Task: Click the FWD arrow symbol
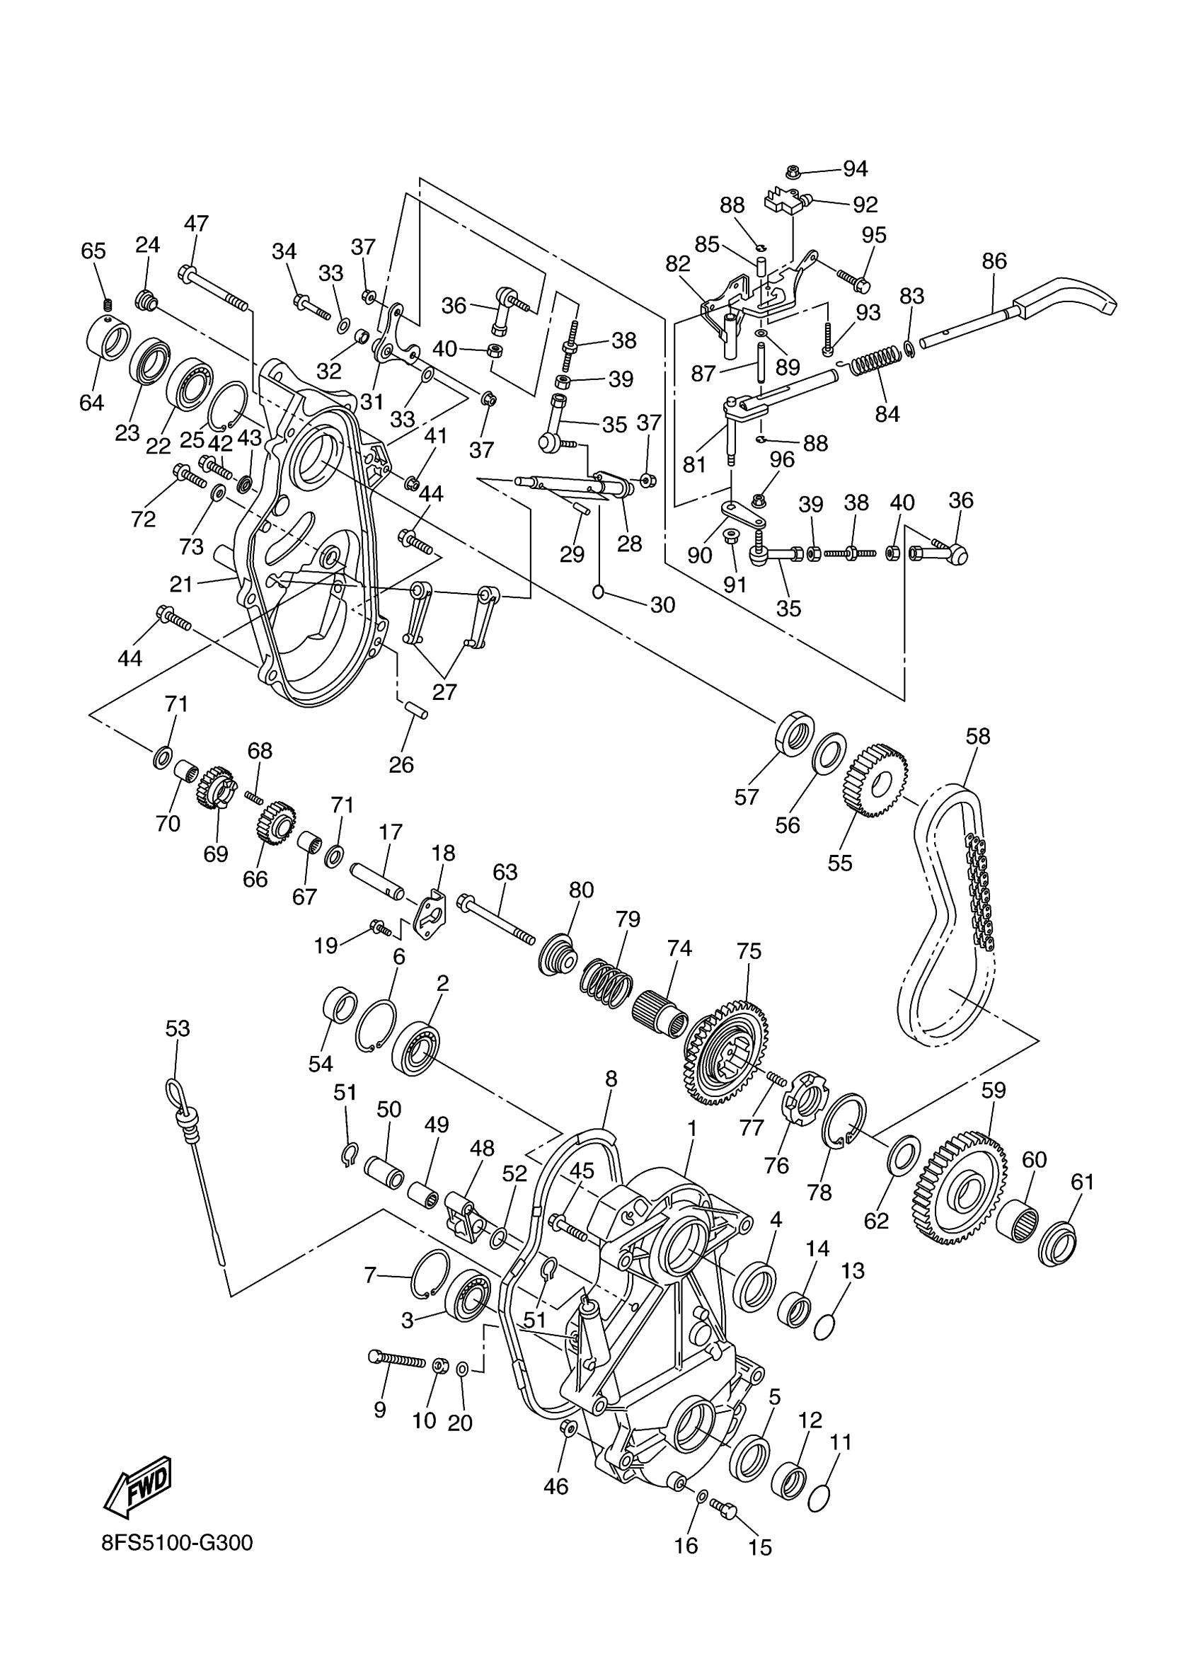click(139, 1486)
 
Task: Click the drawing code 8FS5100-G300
click(177, 1543)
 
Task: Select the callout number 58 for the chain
click(977, 736)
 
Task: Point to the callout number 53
click(177, 1029)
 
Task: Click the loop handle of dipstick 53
click(175, 1093)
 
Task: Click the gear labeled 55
click(878, 781)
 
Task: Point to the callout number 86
click(994, 261)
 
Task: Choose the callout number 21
click(181, 584)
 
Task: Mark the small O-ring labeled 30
click(597, 592)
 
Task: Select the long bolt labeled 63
click(498, 919)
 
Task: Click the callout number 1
click(691, 1128)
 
